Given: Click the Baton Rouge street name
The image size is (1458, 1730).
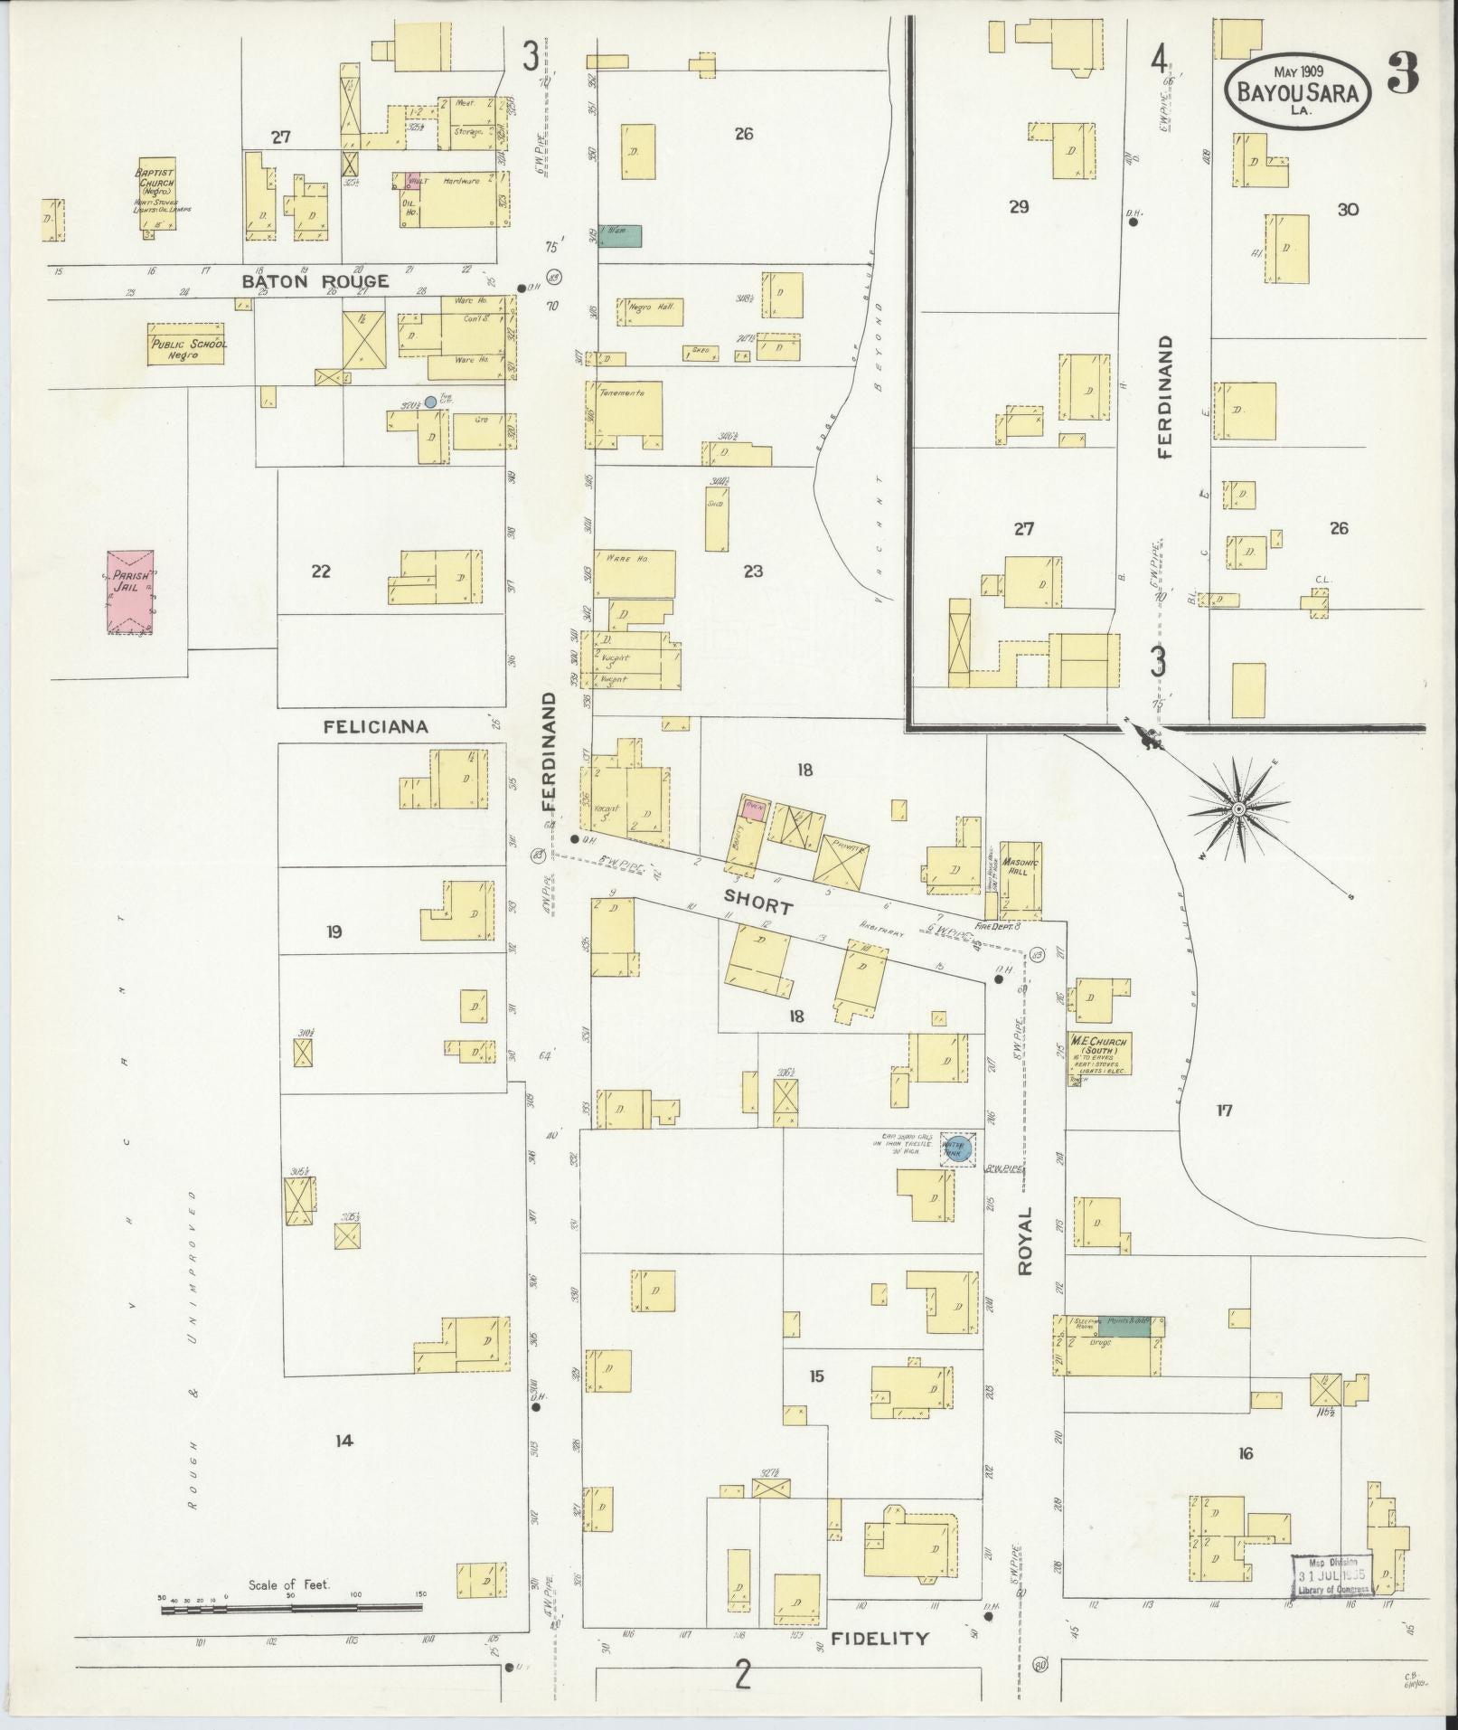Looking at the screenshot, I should (x=315, y=282).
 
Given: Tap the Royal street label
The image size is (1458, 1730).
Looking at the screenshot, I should (x=1025, y=1242).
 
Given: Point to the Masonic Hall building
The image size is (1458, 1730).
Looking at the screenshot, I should (x=1021, y=875).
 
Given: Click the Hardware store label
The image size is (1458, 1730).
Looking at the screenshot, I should (x=460, y=181).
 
